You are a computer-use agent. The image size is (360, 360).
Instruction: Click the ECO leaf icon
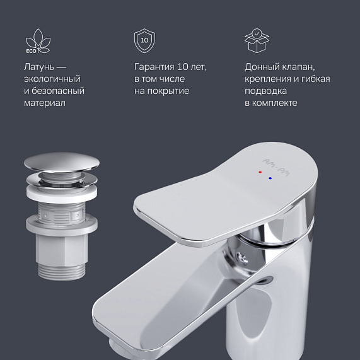pos(37,41)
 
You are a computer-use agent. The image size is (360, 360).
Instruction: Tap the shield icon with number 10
pos(144,40)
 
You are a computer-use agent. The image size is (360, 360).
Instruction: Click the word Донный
pos(262,67)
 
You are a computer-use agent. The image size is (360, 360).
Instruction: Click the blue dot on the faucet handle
pos(270,178)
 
